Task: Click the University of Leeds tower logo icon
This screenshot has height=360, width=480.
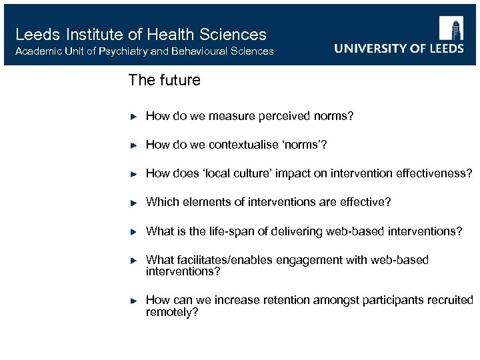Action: tap(451, 28)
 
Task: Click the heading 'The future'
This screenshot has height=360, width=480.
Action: tap(164, 81)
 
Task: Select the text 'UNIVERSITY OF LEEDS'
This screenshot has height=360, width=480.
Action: tap(399, 49)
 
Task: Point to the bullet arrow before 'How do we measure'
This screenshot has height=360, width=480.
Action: tap(133, 116)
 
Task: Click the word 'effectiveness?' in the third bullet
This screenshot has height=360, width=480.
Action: tap(435, 173)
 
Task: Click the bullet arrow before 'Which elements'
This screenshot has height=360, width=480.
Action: tap(133, 202)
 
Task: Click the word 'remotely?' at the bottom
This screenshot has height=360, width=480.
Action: tap(172, 312)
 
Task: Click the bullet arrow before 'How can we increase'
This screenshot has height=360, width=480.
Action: tap(133, 301)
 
